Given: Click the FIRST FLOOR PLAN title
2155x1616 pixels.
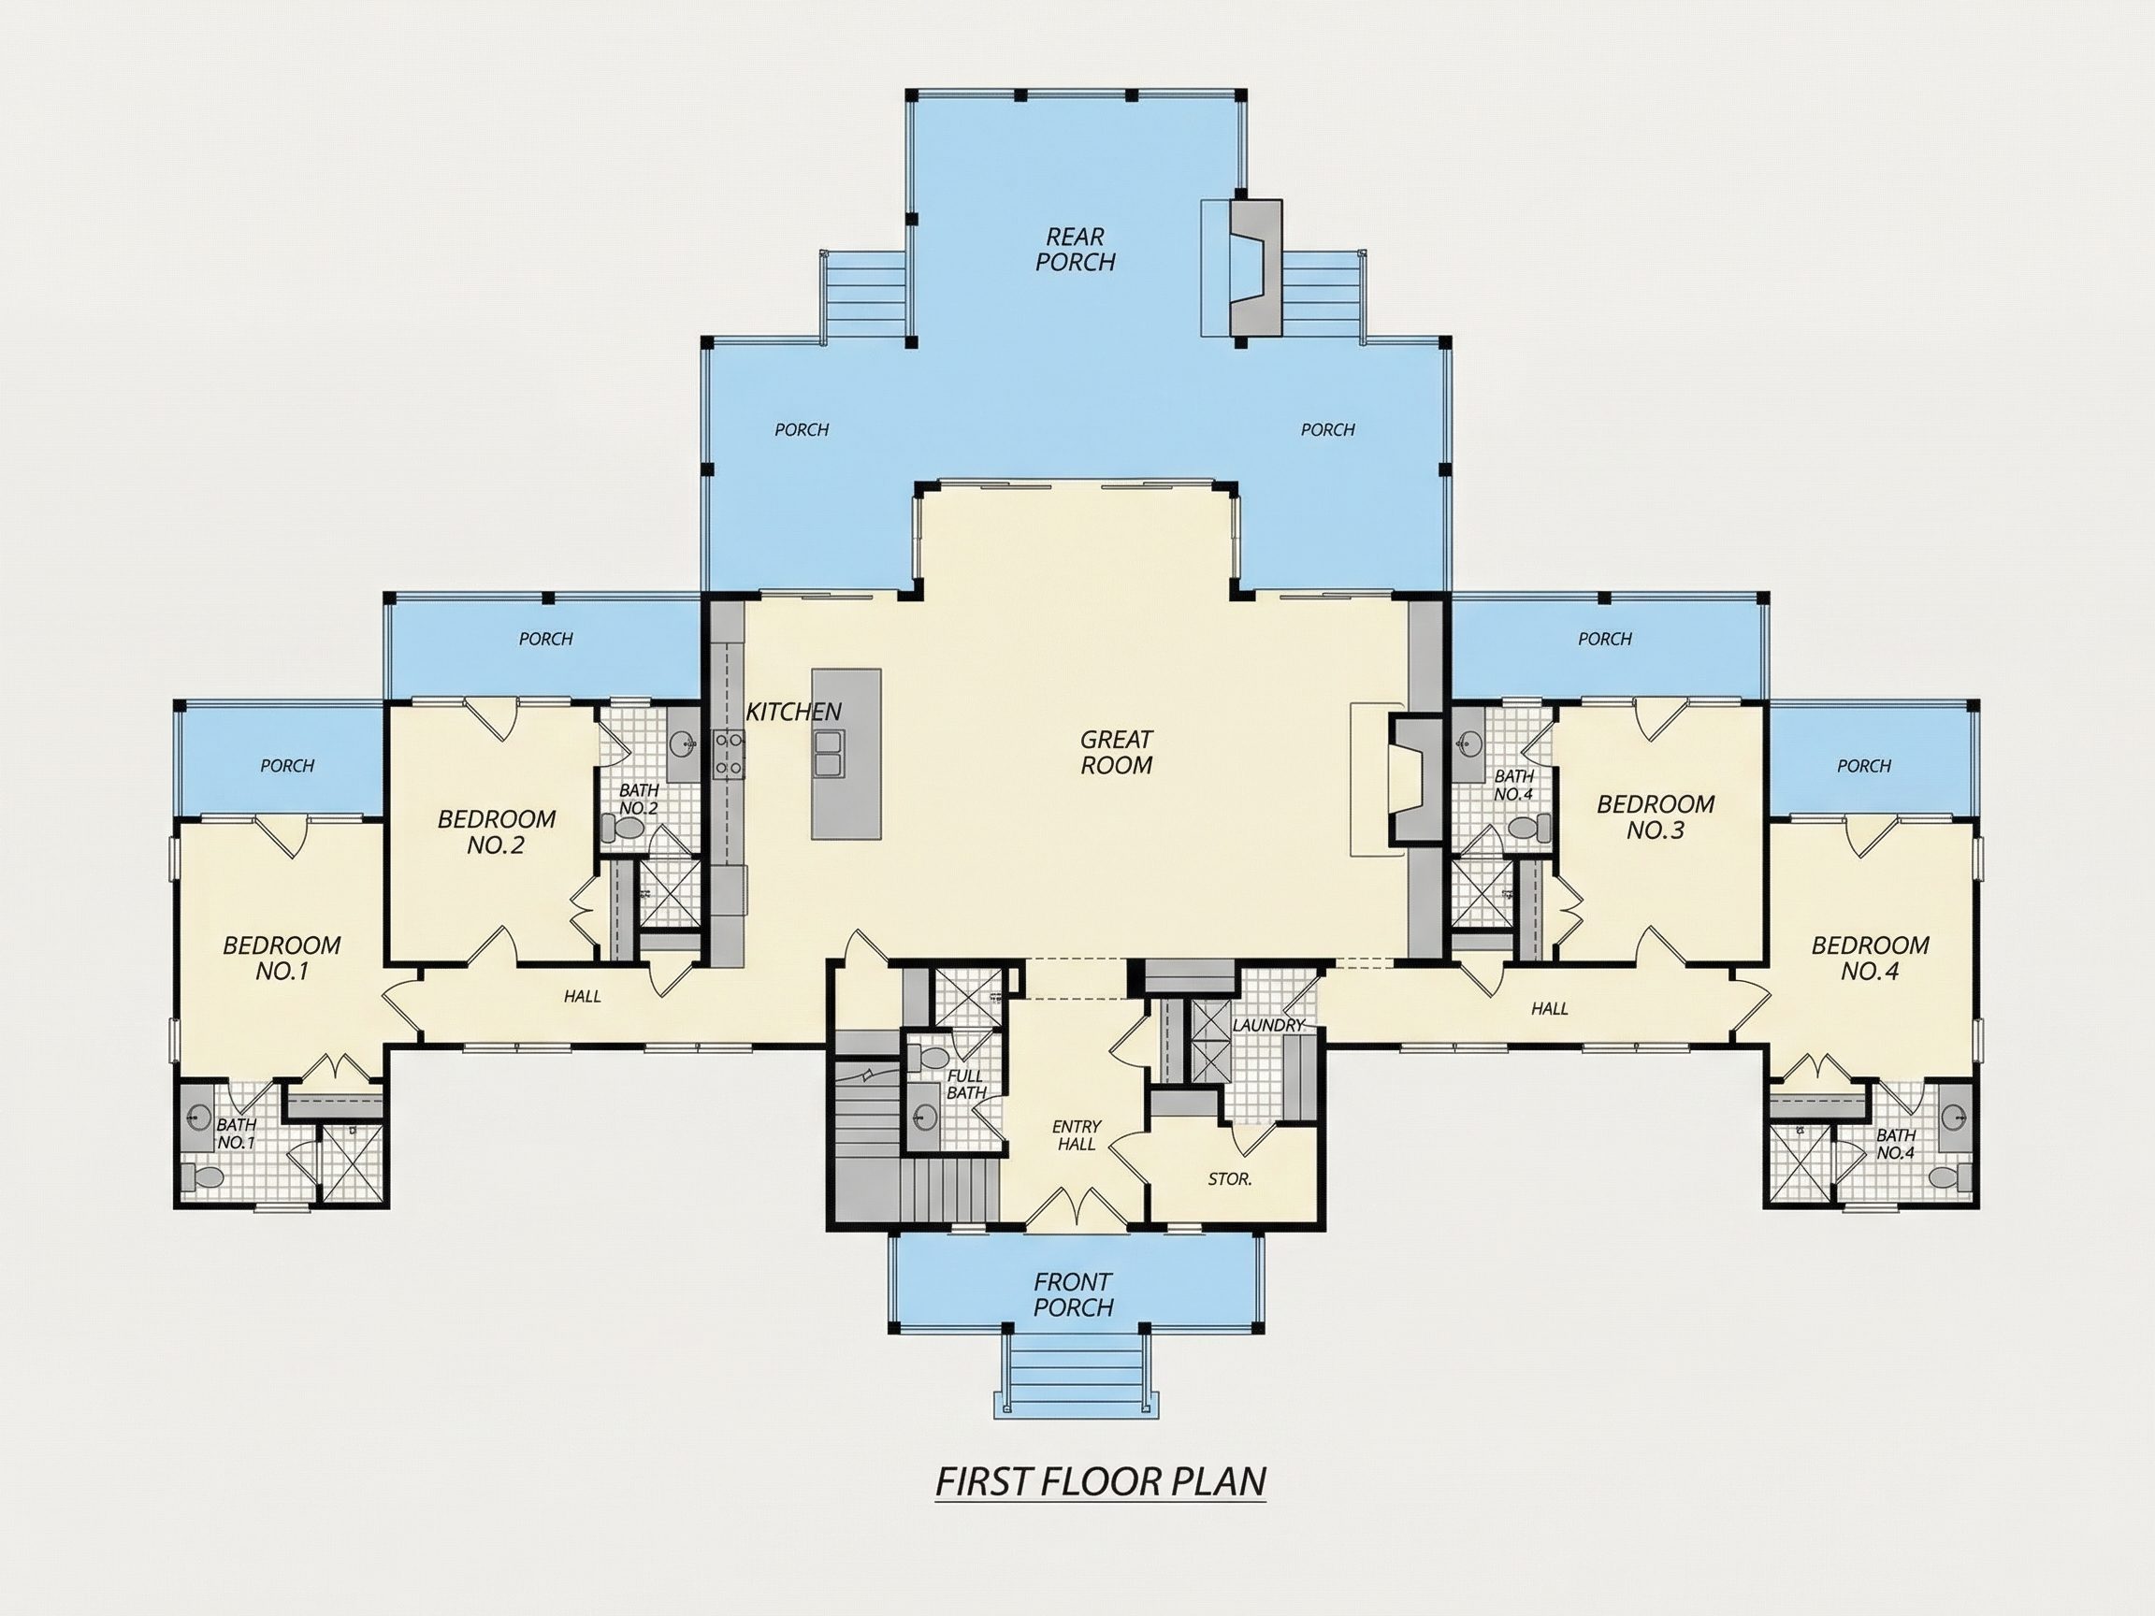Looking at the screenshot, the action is coord(1100,1480).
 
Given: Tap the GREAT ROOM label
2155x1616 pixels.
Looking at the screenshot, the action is coord(1117,753).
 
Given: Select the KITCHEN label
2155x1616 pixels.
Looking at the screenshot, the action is coord(793,712).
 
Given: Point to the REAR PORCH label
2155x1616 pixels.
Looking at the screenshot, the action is coord(1076,250).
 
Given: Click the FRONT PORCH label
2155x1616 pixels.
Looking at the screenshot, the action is coord(1074,1294).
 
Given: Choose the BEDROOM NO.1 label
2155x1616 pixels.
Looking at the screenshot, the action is coord(282,959).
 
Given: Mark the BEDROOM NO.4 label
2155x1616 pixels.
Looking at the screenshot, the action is coord(1871,959).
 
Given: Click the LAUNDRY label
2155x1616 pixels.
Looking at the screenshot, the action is coord(1267,1026).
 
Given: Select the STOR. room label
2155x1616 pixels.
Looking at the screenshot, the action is coord(1229,1179).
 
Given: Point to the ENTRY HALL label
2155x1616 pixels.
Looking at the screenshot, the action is coord(1077,1135).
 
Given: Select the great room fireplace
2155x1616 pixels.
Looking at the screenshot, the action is coord(1413,776).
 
